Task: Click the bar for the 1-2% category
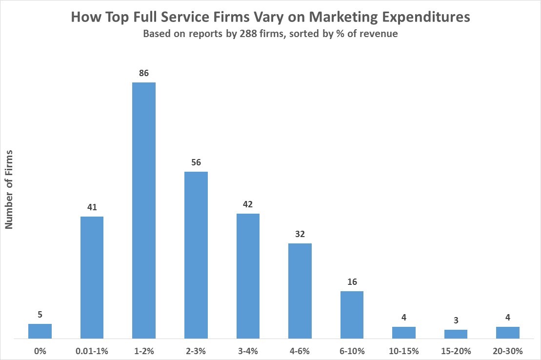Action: pos(144,210)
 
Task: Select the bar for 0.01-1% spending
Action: pos(92,277)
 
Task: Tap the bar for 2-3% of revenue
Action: pos(196,255)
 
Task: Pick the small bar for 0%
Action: pos(40,331)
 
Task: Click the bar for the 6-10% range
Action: pos(352,315)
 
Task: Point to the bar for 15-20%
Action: pos(456,334)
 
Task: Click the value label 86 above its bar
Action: pos(144,74)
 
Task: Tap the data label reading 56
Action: pos(196,163)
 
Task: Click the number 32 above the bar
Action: pos(300,235)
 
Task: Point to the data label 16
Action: pos(352,282)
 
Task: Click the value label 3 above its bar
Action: pos(456,321)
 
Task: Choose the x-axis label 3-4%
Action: pos(248,351)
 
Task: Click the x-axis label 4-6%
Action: pos(300,351)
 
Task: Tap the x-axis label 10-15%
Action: pos(404,351)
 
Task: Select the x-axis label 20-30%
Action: pos(508,351)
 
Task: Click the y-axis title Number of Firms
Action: pos(9,189)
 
